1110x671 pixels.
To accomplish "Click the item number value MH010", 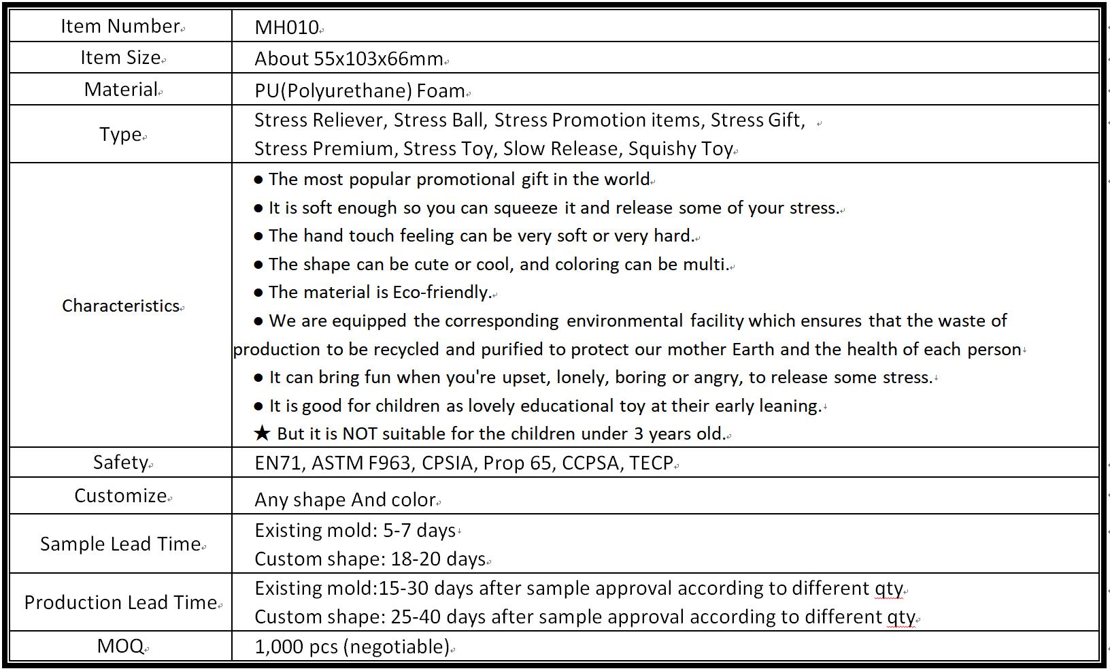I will [x=286, y=27].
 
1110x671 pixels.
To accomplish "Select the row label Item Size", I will [x=120, y=58].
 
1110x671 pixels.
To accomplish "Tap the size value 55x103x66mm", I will [x=378, y=59].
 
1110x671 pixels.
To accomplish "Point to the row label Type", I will [x=120, y=134].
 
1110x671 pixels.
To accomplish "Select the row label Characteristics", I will [x=120, y=306].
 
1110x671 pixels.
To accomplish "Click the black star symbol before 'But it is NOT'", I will [x=262, y=434].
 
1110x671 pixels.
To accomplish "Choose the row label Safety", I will [x=120, y=463].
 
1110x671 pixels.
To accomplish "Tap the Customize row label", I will [x=120, y=495].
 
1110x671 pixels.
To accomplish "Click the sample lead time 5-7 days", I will [x=419, y=531].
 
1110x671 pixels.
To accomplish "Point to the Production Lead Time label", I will [x=120, y=602].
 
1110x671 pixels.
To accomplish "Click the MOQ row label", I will [x=120, y=646].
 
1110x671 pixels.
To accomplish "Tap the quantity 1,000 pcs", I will [x=296, y=647].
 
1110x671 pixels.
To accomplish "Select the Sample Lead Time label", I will [x=120, y=544].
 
